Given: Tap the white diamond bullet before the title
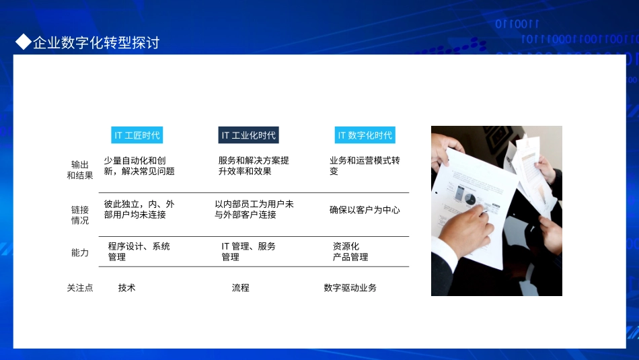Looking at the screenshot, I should tap(24, 42).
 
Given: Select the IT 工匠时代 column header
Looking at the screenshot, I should tap(137, 135).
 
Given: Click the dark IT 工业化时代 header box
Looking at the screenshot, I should tap(248, 135).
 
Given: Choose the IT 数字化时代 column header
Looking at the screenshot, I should tap(365, 135).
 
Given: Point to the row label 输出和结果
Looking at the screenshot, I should tap(79, 170).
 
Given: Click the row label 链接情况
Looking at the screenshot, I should tap(79, 215).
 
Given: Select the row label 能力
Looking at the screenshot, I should tap(79, 252).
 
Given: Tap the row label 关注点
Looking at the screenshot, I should tap(79, 288).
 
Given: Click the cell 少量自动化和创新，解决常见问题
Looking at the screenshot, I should tap(139, 166).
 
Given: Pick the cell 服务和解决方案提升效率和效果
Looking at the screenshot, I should tap(253, 166).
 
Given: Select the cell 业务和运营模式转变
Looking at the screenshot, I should tap(364, 166).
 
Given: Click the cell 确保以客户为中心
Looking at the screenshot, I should tap(364, 210).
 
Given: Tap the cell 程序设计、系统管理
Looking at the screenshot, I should tap(139, 252).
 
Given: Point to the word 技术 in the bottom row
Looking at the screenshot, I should tap(126, 288).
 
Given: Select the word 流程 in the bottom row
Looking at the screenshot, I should tap(240, 288).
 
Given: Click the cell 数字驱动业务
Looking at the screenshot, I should tap(350, 288).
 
